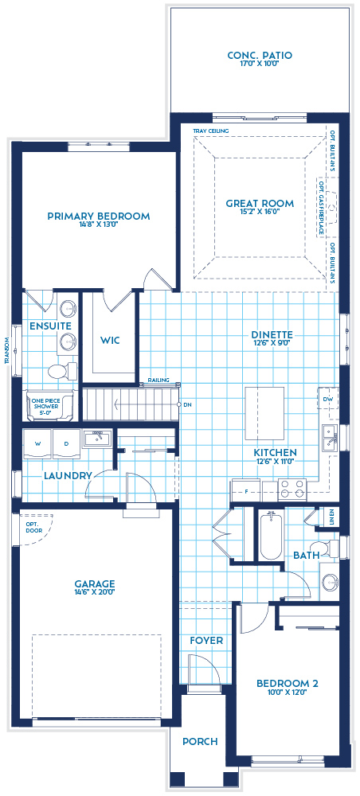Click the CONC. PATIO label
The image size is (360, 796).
point(259,55)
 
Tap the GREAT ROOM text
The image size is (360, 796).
point(259,203)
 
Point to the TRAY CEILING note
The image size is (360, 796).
point(205,131)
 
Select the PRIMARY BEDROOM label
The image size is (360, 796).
point(98,216)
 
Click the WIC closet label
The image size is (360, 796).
point(110,340)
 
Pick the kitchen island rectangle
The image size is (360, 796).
point(264,412)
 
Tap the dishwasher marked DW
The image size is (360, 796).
point(327,399)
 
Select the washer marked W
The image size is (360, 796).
point(37,443)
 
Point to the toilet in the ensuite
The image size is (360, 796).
point(58,371)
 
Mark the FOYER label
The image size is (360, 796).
point(205,640)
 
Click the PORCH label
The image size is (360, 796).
point(200,741)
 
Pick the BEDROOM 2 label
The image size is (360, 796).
point(288,682)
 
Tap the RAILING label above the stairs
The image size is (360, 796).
point(158,380)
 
